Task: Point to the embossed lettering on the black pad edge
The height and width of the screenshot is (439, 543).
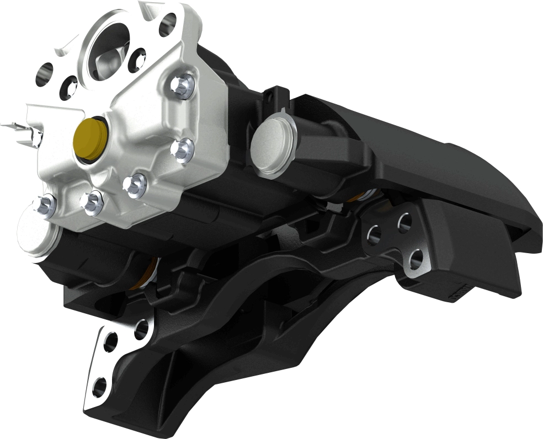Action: (461, 293)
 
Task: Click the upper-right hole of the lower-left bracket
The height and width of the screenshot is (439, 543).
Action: (141, 329)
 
